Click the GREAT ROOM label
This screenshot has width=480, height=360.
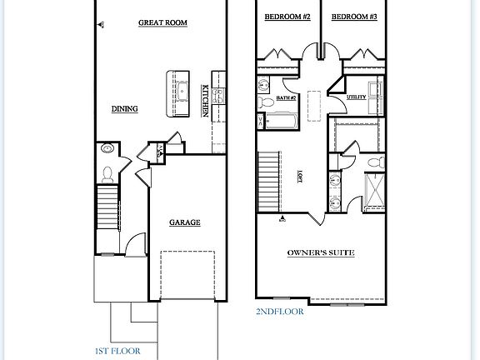[161, 24]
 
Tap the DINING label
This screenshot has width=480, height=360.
[124, 108]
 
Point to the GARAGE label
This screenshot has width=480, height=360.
[184, 222]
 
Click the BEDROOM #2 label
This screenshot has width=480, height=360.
[287, 17]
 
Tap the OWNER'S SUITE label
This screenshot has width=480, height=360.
[321, 252]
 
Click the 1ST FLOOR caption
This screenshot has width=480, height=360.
[117, 351]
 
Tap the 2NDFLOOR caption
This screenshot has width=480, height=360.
[280, 312]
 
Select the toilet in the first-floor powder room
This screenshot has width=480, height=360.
[107, 173]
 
